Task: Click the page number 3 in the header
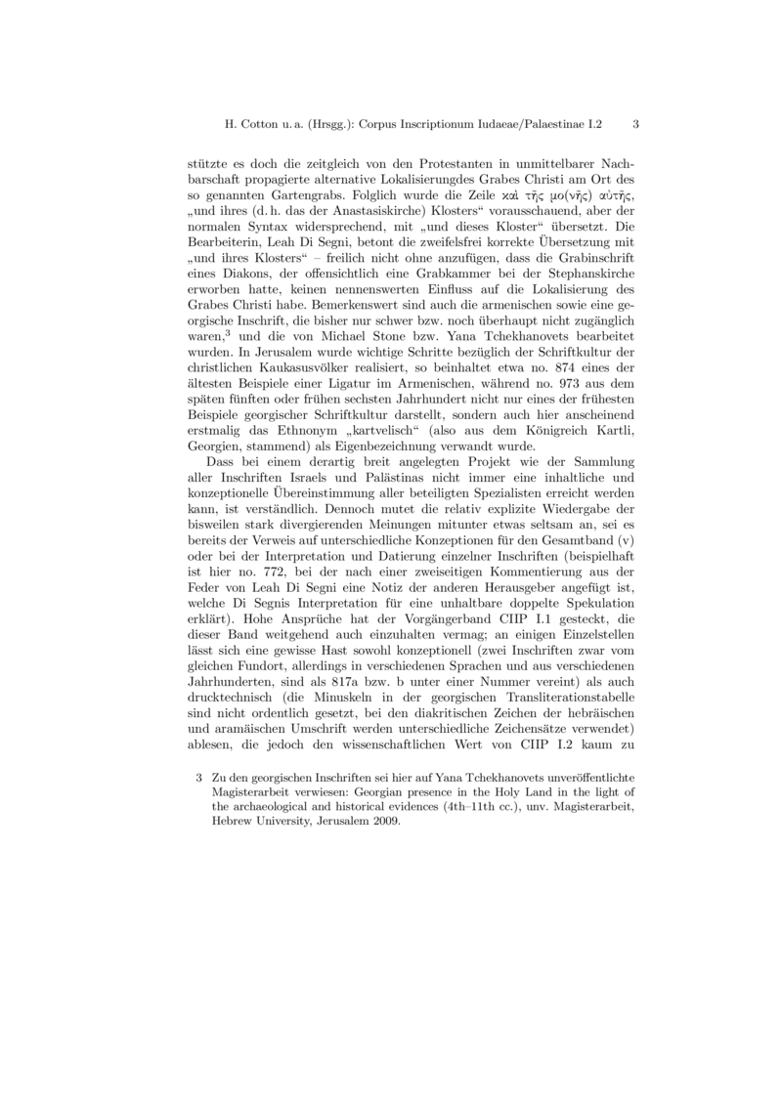tap(636, 125)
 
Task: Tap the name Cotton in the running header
tap(267, 125)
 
